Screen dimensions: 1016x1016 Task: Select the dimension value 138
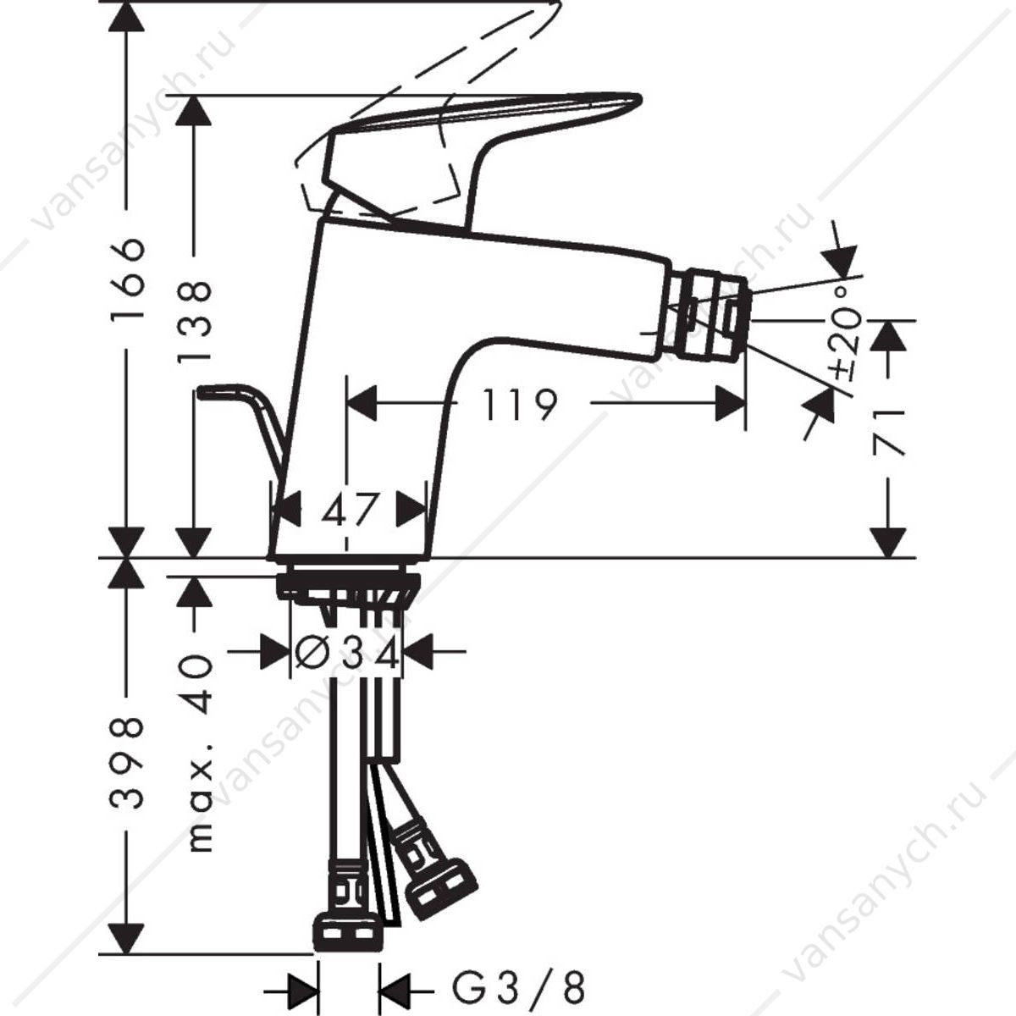(194, 321)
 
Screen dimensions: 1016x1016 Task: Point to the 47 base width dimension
(350, 510)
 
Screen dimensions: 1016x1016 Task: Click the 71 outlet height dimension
(889, 432)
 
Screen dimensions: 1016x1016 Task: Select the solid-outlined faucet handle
(474, 158)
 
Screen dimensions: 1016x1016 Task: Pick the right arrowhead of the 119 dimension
(730, 404)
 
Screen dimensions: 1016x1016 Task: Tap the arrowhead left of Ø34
(276, 652)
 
